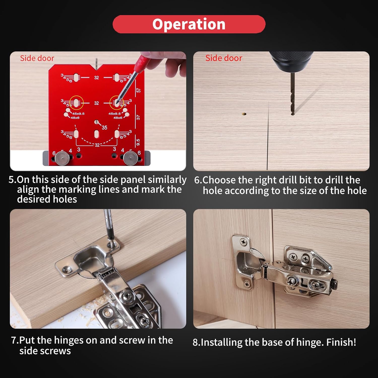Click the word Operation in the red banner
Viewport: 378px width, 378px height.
(189, 24)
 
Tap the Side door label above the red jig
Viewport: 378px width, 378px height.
(37, 58)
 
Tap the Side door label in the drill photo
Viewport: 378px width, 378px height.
(224, 58)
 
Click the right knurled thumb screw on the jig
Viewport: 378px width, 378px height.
(130, 158)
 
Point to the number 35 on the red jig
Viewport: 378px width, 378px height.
(104, 128)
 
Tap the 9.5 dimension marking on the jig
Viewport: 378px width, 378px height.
(138, 142)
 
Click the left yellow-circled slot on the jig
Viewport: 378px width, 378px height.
(76, 103)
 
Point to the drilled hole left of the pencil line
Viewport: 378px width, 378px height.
(244, 114)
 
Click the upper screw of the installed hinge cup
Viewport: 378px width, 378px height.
(244, 242)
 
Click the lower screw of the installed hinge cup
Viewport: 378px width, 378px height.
(247, 284)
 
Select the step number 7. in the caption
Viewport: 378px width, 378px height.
(15, 340)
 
